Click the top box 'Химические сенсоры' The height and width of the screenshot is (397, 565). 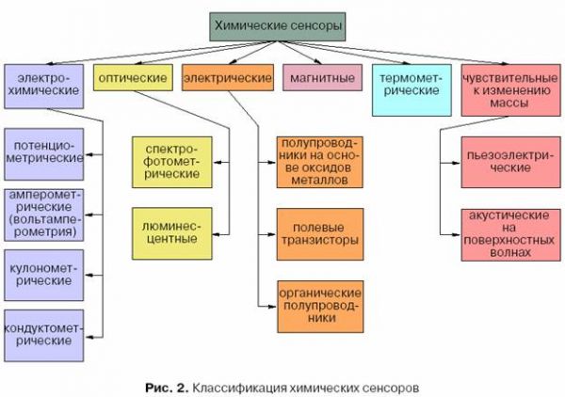point(278,26)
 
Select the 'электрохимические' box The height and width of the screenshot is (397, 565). point(44,87)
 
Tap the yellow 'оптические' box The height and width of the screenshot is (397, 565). point(133,77)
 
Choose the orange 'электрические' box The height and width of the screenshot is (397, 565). point(228,77)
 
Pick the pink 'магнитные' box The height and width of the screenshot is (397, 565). point(322,77)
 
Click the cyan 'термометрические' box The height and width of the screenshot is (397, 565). point(412,90)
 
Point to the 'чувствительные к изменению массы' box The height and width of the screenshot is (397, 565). point(511,90)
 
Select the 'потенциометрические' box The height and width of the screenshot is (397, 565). point(44,154)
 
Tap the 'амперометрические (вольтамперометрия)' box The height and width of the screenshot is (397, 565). point(44,214)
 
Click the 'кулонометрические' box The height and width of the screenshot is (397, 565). point(44,275)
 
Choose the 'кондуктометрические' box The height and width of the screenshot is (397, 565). point(44,336)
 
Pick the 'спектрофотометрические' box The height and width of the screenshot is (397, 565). point(172,162)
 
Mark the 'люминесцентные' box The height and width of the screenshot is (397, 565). point(172,233)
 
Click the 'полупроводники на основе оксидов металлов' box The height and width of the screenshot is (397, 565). point(320,162)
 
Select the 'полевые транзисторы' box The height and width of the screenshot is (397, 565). point(320,234)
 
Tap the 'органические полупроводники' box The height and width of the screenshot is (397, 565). point(320,307)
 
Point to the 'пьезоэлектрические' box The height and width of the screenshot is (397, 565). point(511,162)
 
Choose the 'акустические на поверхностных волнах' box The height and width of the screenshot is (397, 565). point(511,234)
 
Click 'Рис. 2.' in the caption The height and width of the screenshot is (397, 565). point(167,388)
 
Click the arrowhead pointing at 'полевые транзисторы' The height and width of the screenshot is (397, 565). point(272,234)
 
